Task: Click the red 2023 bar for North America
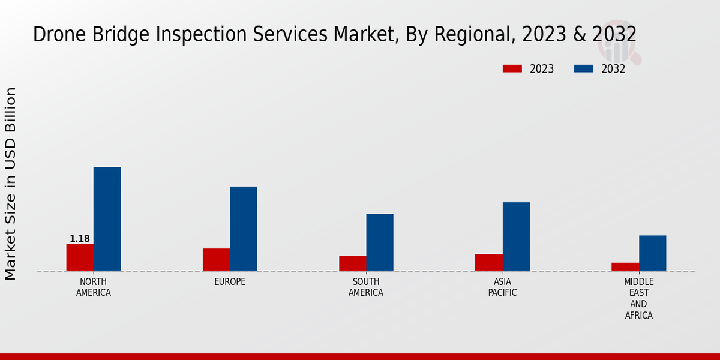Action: [x=80, y=257]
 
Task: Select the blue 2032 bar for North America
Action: [x=107, y=219]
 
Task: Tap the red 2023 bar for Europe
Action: [x=216, y=259]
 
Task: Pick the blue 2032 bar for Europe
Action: [x=243, y=229]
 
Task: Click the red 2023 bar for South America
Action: [x=352, y=263]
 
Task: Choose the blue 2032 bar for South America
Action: [x=380, y=242]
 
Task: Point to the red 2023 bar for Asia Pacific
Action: [x=488, y=262]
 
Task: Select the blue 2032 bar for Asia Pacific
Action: [x=516, y=236]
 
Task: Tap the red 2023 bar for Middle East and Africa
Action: [x=625, y=266]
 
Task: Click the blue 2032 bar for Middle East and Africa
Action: [x=652, y=253]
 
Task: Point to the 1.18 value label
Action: [x=80, y=239]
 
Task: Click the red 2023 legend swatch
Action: [x=512, y=69]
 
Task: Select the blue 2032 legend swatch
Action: [x=583, y=69]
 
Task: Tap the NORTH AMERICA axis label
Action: [x=94, y=287]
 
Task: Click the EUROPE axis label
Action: [x=230, y=281]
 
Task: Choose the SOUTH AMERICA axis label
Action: [x=366, y=287]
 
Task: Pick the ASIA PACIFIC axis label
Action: [x=502, y=287]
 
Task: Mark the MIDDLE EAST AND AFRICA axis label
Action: [x=639, y=298]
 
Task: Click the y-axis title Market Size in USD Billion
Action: [x=11, y=183]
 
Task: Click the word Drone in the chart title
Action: [x=56, y=35]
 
